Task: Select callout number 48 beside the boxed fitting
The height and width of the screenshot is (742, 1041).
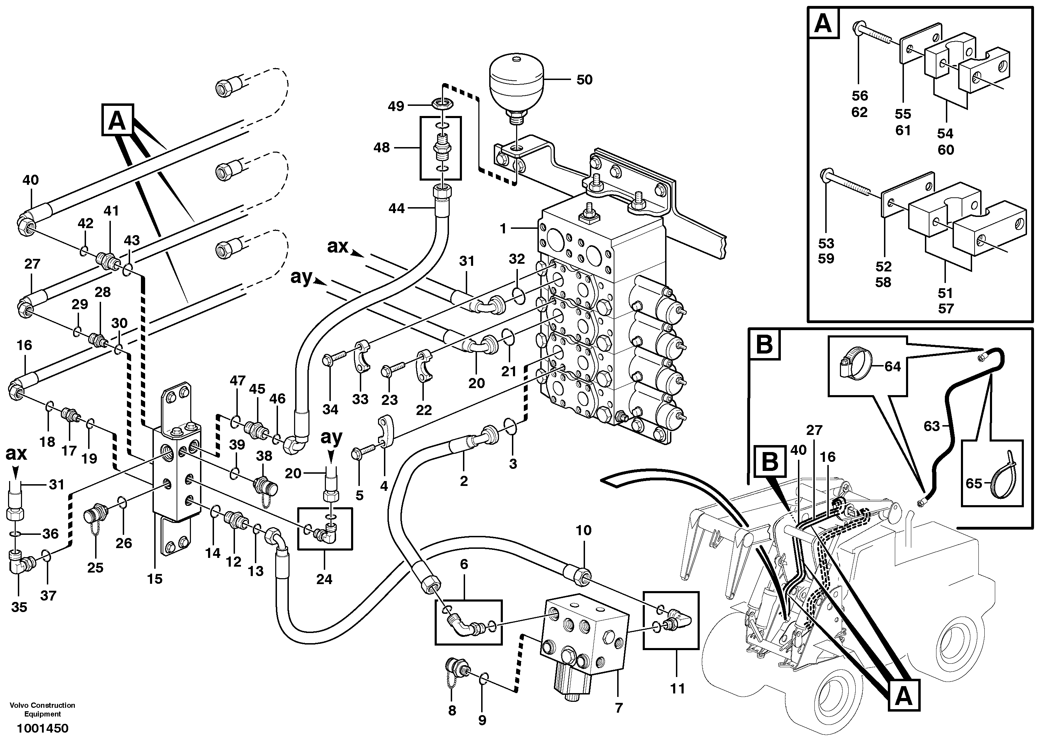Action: point(382,147)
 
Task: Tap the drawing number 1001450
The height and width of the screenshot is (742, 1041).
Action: point(42,728)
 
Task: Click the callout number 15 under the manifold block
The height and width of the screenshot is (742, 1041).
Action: point(155,579)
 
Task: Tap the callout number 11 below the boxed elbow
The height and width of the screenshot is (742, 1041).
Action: point(677,688)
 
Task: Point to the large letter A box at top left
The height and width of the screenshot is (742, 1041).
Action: point(117,121)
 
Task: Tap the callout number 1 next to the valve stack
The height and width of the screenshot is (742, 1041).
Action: point(503,228)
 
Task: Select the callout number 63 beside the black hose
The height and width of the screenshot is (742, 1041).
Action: point(932,426)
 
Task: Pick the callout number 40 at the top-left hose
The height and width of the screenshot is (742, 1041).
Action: point(31,180)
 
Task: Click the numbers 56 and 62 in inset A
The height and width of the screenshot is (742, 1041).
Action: point(860,104)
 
